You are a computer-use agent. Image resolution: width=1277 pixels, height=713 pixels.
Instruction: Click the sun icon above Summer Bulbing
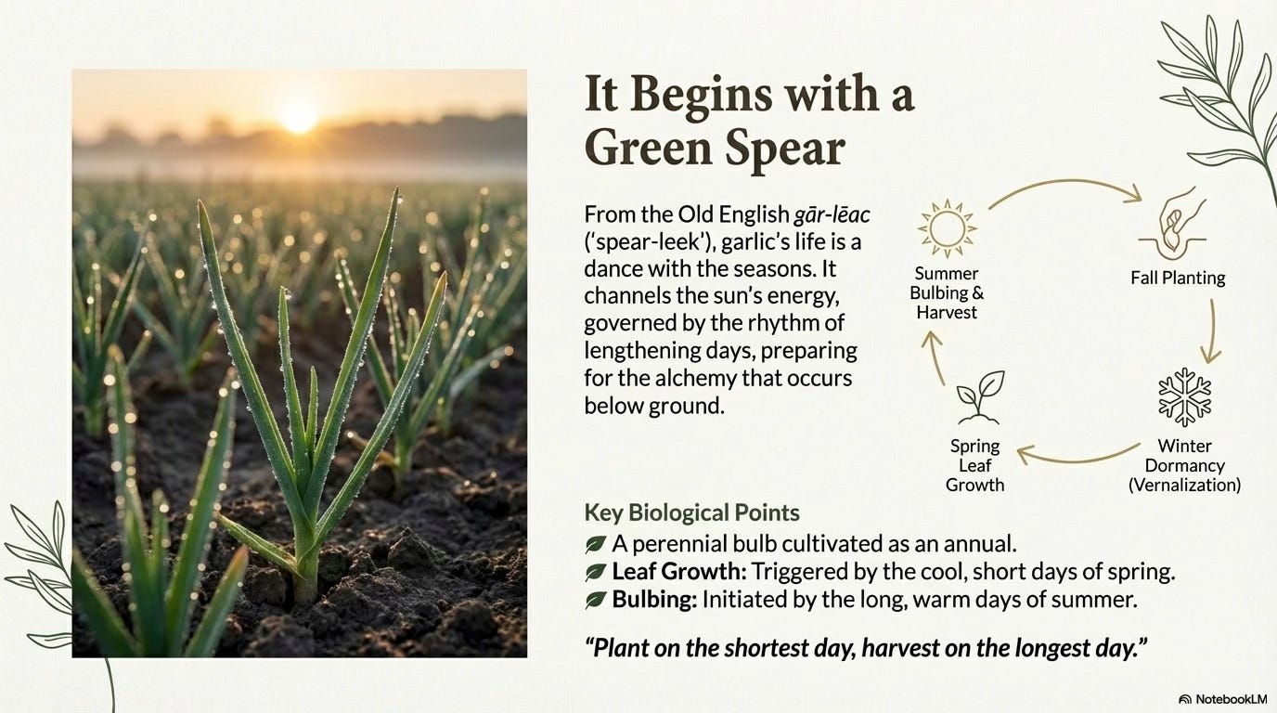point(947,228)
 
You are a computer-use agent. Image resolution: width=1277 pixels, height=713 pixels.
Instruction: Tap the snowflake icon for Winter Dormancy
point(1184,397)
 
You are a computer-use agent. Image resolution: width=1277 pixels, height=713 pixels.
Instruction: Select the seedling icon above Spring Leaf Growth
point(980,397)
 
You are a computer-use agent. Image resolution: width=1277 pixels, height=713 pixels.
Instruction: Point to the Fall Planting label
point(1178,278)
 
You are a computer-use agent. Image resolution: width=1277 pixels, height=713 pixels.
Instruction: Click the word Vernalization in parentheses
point(1184,485)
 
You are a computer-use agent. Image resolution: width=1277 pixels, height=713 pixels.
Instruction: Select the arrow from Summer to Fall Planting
point(1064,184)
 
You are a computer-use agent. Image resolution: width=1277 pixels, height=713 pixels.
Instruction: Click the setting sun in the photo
point(298,118)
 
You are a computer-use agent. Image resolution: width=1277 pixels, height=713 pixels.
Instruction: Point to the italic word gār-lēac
point(832,214)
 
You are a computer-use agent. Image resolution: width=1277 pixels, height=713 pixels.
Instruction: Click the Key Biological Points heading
point(691,512)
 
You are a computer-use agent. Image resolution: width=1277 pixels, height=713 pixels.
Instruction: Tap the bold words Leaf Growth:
point(678,571)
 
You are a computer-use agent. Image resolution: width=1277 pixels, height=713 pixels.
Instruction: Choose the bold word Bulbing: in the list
point(654,600)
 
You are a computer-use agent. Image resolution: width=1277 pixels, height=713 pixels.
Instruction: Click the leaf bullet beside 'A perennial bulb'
point(595,545)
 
